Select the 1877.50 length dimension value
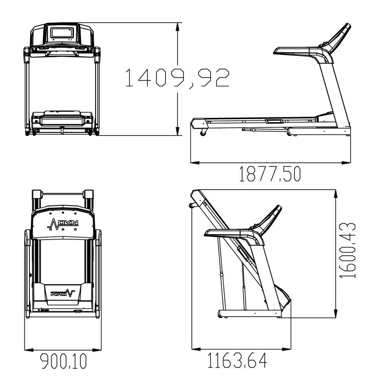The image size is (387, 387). tap(270, 174)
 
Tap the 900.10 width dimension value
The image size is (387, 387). tap(63, 361)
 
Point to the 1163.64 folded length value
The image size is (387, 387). tap(237, 360)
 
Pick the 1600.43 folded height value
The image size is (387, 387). tap(347, 250)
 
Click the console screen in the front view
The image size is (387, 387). tap(62, 33)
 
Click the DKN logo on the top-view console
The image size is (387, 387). tap(63, 224)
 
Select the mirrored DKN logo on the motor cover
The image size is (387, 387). tap(63, 294)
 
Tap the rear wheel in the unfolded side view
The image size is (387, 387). tap(203, 133)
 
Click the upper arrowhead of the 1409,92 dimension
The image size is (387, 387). tap(178, 27)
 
